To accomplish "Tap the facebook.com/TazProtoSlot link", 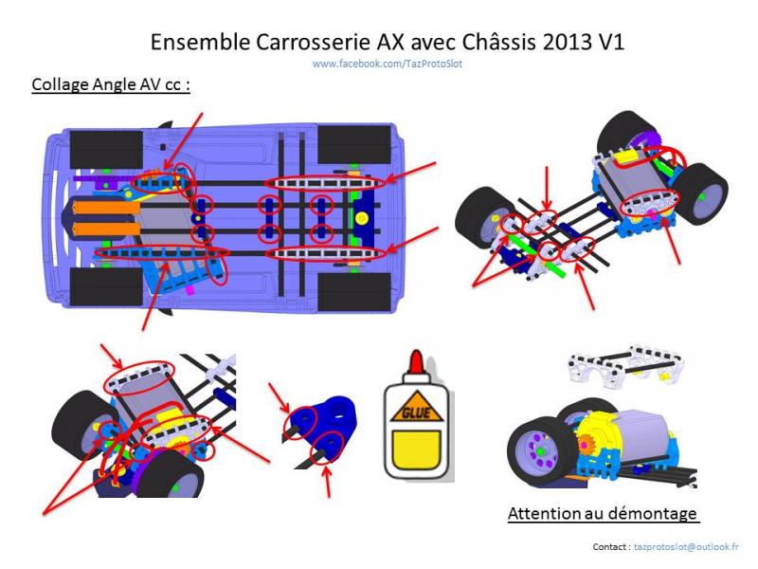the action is (x=388, y=64).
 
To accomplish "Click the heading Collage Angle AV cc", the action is (x=111, y=84).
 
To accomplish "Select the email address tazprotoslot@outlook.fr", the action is (x=686, y=547).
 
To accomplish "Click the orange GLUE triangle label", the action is (x=416, y=408).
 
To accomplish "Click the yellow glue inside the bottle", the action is (x=416, y=450).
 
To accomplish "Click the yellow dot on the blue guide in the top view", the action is (x=362, y=219).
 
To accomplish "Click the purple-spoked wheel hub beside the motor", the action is (x=539, y=450).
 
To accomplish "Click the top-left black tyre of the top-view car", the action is (x=106, y=150).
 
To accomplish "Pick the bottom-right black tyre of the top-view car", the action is (x=354, y=292).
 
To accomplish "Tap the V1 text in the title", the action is (x=611, y=43).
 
